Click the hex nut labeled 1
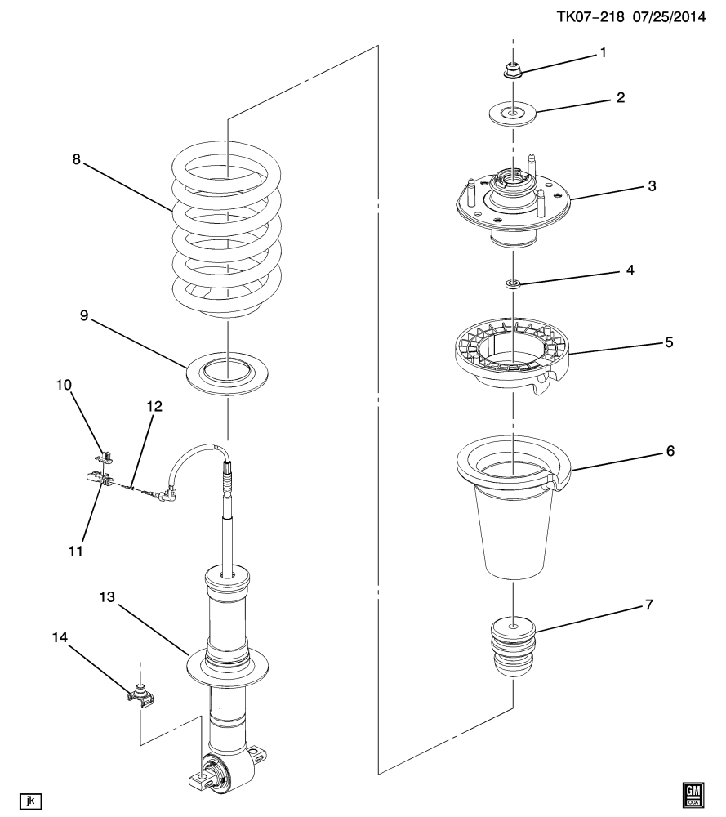(512, 70)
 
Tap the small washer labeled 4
(513, 283)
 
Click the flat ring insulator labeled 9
(228, 372)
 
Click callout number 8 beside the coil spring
(76, 160)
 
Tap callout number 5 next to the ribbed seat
(669, 342)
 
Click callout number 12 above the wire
(154, 406)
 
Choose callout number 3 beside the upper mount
(652, 185)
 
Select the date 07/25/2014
(672, 16)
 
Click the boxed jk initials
(30, 799)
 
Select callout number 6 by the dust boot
(669, 450)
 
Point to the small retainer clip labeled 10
(105, 454)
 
